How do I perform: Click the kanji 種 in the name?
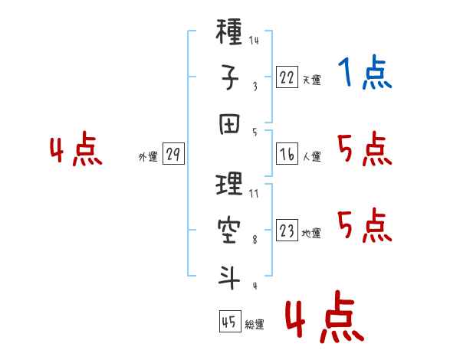[228, 31]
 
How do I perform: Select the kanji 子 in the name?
[229, 77]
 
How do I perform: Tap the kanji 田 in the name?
[229, 124]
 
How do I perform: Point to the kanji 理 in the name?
[228, 184]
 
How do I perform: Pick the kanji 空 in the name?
[229, 231]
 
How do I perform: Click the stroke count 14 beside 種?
[254, 40]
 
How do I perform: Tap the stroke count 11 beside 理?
[254, 194]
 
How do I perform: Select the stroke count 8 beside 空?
[255, 240]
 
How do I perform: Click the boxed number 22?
[287, 77]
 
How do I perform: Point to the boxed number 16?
[287, 154]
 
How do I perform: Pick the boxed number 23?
[287, 230]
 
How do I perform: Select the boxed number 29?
[173, 154]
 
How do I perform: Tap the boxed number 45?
[230, 321]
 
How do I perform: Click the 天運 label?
[311, 80]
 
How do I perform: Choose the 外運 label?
[148, 157]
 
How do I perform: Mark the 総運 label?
[255, 325]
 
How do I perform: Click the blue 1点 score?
[365, 72]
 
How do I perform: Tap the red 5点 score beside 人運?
[365, 149]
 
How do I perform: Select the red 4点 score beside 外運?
[76, 149]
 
